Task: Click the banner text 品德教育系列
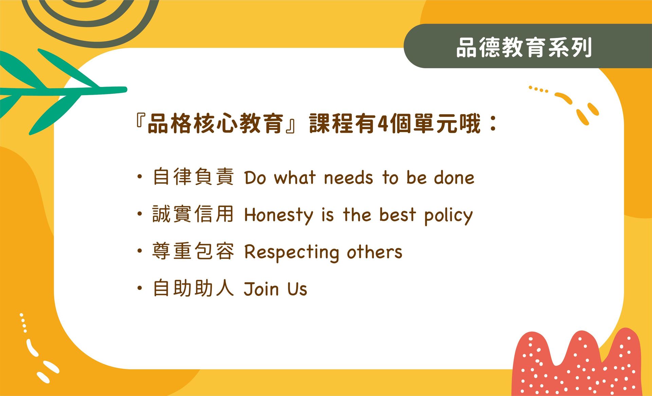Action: (x=524, y=47)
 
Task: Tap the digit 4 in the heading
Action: (x=383, y=124)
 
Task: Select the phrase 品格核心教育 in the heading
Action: (x=216, y=123)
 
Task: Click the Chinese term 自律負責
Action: (x=193, y=177)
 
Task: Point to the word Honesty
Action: (x=278, y=215)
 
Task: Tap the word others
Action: (x=374, y=252)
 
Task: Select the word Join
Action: (x=261, y=289)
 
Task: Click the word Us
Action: (x=297, y=289)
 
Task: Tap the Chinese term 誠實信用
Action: (x=193, y=214)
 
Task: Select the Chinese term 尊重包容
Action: (x=193, y=251)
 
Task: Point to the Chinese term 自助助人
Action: (x=193, y=288)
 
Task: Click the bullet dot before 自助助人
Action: (x=139, y=288)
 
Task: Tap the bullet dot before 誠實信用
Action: (x=139, y=214)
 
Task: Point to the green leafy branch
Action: (x=61, y=90)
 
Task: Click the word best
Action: (x=397, y=215)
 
